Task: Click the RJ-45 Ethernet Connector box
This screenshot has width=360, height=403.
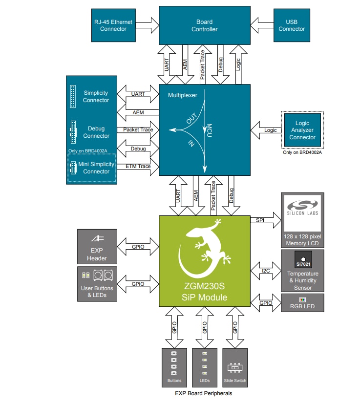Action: click(113, 25)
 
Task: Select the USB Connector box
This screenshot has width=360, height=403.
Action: click(292, 25)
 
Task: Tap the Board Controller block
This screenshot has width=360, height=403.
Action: click(205, 25)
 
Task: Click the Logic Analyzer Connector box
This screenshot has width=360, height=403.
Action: click(302, 130)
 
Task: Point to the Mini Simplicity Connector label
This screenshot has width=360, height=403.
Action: click(96, 168)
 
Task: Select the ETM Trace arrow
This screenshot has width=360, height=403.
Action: click(138, 167)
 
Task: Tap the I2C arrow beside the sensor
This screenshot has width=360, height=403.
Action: click(265, 270)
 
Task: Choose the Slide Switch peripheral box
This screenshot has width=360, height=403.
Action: click(235, 367)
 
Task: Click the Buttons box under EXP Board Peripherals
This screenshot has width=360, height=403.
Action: click(174, 367)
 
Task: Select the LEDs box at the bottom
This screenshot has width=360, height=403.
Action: click(205, 367)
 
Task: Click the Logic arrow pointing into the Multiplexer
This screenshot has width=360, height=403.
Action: click(266, 130)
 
